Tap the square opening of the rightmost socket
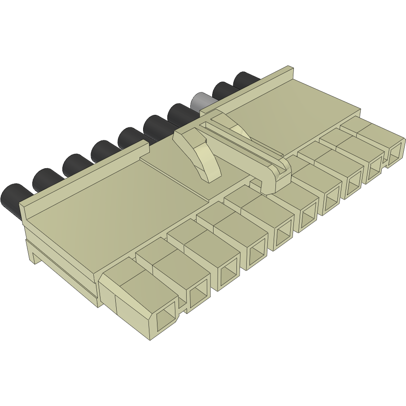(x=395, y=153)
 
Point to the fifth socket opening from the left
(x=283, y=234)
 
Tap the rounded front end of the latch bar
(x=275, y=177)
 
